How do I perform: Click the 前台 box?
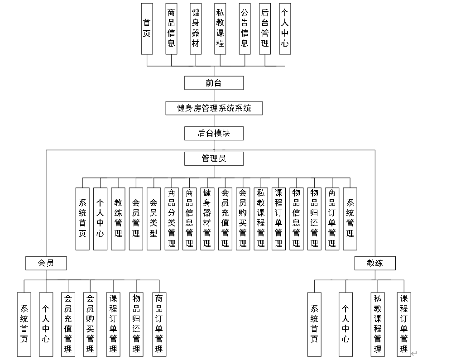pos(214,83)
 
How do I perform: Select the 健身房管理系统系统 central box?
pos(214,108)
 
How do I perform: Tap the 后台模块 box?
pos(214,134)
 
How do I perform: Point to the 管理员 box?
pos(214,158)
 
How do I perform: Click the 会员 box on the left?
pos(46,263)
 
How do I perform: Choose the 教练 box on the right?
pos(374,263)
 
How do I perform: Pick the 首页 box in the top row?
pos(147,29)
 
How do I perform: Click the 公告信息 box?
pos(245,29)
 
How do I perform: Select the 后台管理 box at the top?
pos(265,29)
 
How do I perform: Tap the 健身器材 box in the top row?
pos(196,29)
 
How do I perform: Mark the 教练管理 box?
pos(118,219)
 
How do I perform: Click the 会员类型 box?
pos(154,219)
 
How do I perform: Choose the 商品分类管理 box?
pos(172,219)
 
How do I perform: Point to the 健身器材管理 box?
pos(207,219)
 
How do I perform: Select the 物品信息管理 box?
pos(296,219)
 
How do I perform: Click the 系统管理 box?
pos(350,219)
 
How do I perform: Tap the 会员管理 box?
pos(136,219)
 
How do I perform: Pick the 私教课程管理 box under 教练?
pos(378,323)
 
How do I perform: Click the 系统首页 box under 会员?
pos(24,323)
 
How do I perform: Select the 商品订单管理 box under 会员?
pos(159,323)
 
